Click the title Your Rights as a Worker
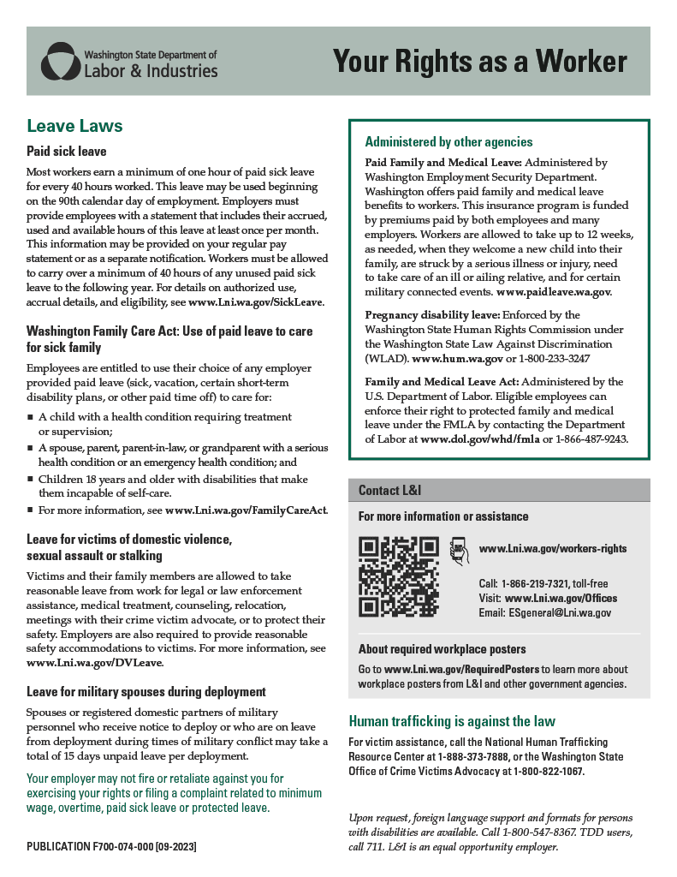click(479, 62)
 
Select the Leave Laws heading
click(75, 126)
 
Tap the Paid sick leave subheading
click(67, 152)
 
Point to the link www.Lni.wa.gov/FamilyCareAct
click(246, 510)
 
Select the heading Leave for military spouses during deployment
click(146, 691)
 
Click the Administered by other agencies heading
click(448, 142)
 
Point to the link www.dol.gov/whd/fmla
click(479, 438)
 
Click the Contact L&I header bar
click(499, 490)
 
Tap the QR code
click(399, 576)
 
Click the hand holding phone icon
click(459, 550)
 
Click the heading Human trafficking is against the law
click(452, 720)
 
